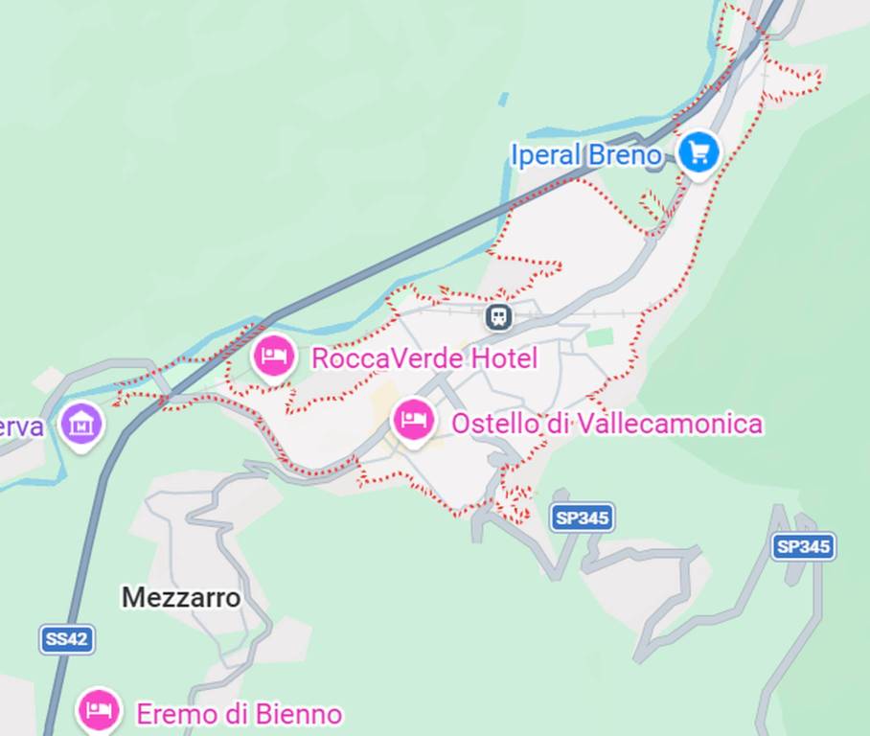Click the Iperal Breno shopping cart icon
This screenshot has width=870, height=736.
click(698, 151)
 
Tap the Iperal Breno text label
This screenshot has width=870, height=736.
click(585, 154)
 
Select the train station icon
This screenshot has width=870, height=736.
click(498, 316)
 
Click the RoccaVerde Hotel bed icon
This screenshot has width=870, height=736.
click(274, 356)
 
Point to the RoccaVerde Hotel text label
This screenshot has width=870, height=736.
click(424, 359)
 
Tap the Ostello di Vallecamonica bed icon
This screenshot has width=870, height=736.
click(414, 420)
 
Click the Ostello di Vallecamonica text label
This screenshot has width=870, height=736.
click(607, 424)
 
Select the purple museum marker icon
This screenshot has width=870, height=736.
click(81, 422)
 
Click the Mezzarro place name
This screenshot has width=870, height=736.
click(181, 597)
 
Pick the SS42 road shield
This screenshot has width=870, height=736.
click(67, 639)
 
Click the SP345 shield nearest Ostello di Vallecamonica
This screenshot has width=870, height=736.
click(583, 518)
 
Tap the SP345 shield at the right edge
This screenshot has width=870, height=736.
click(803, 546)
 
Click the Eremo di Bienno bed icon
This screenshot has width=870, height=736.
click(99, 710)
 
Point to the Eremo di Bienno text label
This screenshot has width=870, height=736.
click(239, 714)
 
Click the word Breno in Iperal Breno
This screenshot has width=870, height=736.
click(625, 154)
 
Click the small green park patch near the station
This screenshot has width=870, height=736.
click(600, 337)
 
